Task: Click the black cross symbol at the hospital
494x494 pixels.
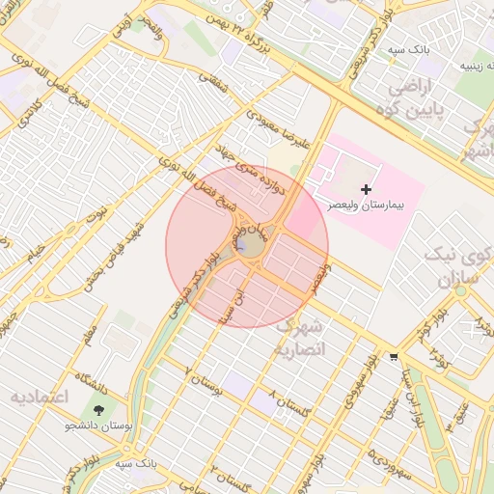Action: (x=366, y=190)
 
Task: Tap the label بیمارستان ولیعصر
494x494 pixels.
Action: (x=366, y=206)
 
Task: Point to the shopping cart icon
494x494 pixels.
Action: (x=393, y=356)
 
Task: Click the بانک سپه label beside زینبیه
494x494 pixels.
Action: (x=410, y=47)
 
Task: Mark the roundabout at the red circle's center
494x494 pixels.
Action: (x=249, y=245)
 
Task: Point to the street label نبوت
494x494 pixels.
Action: (x=97, y=209)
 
